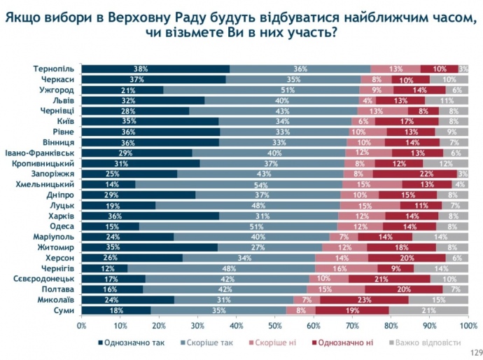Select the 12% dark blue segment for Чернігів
[x=105, y=268]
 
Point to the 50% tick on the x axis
[x=275, y=325]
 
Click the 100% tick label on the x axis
[x=468, y=325]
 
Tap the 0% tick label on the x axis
[x=82, y=325]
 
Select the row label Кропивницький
[x=45, y=163]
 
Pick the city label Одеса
[x=62, y=226]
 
